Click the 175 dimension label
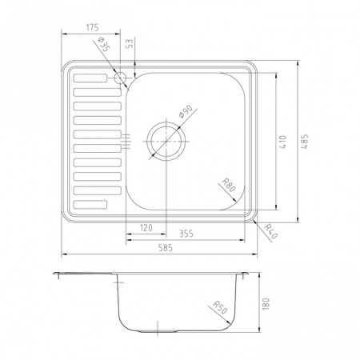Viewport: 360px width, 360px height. pos(93,27)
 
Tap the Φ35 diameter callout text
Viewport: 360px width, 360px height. pos(104,45)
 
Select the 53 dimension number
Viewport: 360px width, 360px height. pos(130,43)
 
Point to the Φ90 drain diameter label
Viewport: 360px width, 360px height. pos(186,111)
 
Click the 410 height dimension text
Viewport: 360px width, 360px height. pos(283,142)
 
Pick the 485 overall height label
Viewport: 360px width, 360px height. pos(305,141)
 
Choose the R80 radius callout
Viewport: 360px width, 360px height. pos(229,185)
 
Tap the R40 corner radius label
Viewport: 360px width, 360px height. pos(271,231)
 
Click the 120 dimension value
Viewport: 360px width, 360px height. pos(146,228)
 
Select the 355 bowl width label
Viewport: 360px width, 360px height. pos(186,234)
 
